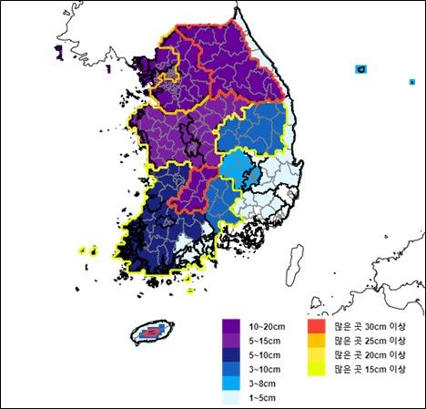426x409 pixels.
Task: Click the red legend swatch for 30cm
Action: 316,324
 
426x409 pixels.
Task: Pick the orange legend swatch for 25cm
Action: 316,339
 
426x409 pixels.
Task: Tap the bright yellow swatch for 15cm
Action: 316,369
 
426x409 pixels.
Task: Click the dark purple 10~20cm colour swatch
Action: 231,324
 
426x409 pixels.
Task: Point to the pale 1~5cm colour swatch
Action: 231,398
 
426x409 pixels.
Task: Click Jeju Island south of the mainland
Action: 153,332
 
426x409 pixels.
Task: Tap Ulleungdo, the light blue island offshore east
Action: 361,69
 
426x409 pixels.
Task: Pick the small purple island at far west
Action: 60,52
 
